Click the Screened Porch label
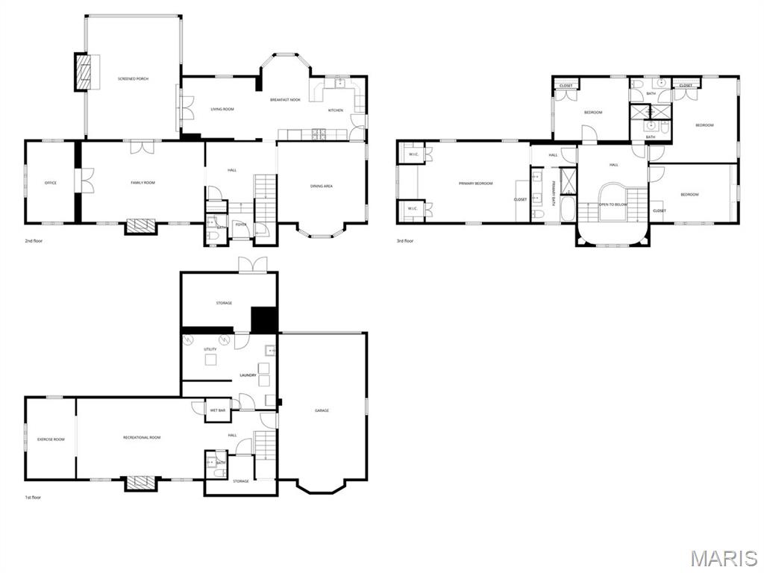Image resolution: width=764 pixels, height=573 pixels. tap(134, 78)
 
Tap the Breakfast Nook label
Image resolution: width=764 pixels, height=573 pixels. tap(285, 99)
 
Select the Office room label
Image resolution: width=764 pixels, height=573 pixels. tap(51, 183)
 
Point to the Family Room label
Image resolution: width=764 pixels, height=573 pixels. tap(143, 183)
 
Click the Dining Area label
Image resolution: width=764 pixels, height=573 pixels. tap(322, 186)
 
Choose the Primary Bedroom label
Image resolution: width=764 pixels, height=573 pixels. tap(475, 183)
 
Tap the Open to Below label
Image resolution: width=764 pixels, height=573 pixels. tap(613, 204)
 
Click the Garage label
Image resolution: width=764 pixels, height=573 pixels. tap(322, 410)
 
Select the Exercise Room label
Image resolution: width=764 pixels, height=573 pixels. tap(51, 439)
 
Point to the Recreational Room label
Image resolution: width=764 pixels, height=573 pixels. tap(142, 437)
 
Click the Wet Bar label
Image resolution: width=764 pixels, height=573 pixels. tap(218, 410)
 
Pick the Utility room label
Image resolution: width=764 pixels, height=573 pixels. tap(210, 349)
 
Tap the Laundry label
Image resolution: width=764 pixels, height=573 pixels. tap(248, 375)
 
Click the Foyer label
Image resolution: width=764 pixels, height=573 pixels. tap(241, 224)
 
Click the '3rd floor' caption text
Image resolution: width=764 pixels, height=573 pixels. tap(405, 241)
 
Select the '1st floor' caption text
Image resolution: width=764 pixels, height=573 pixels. tap(34, 496)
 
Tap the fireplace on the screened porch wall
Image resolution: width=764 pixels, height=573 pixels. tap(84, 72)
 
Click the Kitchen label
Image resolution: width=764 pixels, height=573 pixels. tap(336, 110)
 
